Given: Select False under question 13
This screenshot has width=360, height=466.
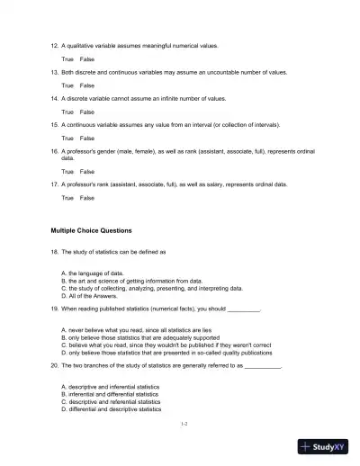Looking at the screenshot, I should click(x=87, y=85).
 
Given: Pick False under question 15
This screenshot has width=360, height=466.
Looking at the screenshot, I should click(x=87, y=139).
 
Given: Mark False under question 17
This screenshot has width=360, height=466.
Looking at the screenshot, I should click(x=87, y=197).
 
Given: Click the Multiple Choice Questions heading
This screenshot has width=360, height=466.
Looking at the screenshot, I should click(x=91, y=230).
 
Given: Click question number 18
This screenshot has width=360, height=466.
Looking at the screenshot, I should click(x=55, y=253).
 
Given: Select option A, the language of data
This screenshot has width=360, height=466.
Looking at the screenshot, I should click(x=92, y=272).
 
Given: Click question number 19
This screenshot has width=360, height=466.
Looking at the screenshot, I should click(x=55, y=308).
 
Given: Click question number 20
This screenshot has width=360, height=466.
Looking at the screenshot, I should click(x=55, y=366).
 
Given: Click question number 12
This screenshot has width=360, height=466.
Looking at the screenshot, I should click(x=55, y=45).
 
